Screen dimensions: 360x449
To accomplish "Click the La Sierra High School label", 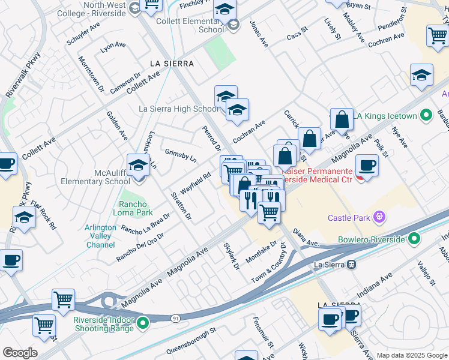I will tap(179, 109).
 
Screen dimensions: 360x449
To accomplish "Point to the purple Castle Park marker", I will tap(379, 217).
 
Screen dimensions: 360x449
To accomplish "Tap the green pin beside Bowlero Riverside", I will tap(414, 239).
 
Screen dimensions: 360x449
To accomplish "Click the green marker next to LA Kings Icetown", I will tap(426, 115).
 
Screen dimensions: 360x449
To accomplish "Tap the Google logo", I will tap(20, 353).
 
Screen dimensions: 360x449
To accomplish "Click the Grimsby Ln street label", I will tap(181, 156).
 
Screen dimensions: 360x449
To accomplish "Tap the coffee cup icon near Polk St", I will tap(367, 165).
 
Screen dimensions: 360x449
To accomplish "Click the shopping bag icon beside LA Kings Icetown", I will tap(342, 119).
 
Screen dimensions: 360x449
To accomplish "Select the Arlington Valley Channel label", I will tap(100, 236).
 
